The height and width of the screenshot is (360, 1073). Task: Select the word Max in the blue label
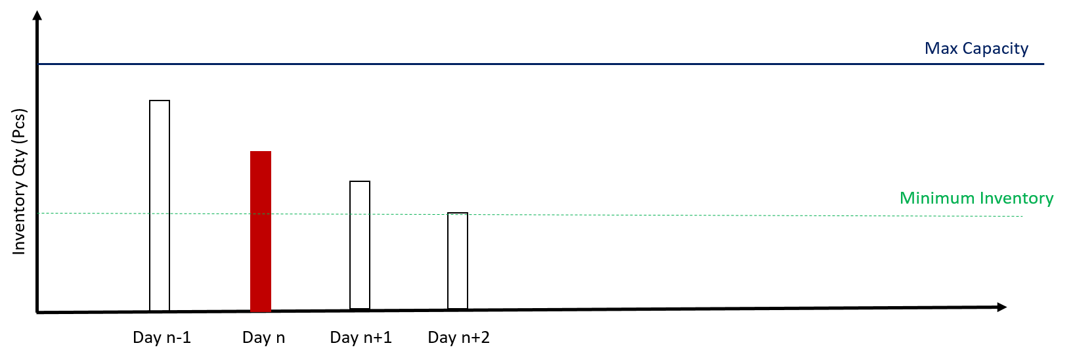pos(940,49)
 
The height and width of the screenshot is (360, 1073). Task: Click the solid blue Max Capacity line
pos(525,64)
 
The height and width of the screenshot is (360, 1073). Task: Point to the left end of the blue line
pos(38,64)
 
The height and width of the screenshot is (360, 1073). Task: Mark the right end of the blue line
pos(1043,64)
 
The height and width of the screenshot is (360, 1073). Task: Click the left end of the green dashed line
pos(38,213)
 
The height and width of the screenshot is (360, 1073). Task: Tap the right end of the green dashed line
pos(1022,216)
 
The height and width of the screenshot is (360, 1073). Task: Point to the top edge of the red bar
pos(261,152)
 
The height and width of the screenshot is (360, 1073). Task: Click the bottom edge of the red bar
pos(261,311)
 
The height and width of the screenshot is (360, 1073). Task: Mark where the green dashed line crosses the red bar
pos(261,214)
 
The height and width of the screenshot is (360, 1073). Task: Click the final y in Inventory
pos(1049,200)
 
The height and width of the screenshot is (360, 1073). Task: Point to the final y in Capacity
pos(1024,51)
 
